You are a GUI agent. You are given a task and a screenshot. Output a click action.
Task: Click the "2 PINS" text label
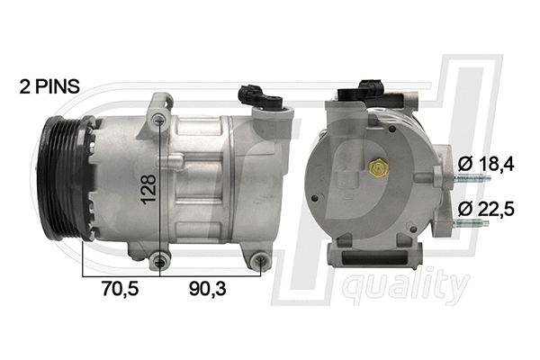click(49, 86)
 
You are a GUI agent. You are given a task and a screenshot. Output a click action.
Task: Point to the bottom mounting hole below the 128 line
click(159, 261)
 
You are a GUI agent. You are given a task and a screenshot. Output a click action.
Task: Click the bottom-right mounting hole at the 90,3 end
click(261, 262)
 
